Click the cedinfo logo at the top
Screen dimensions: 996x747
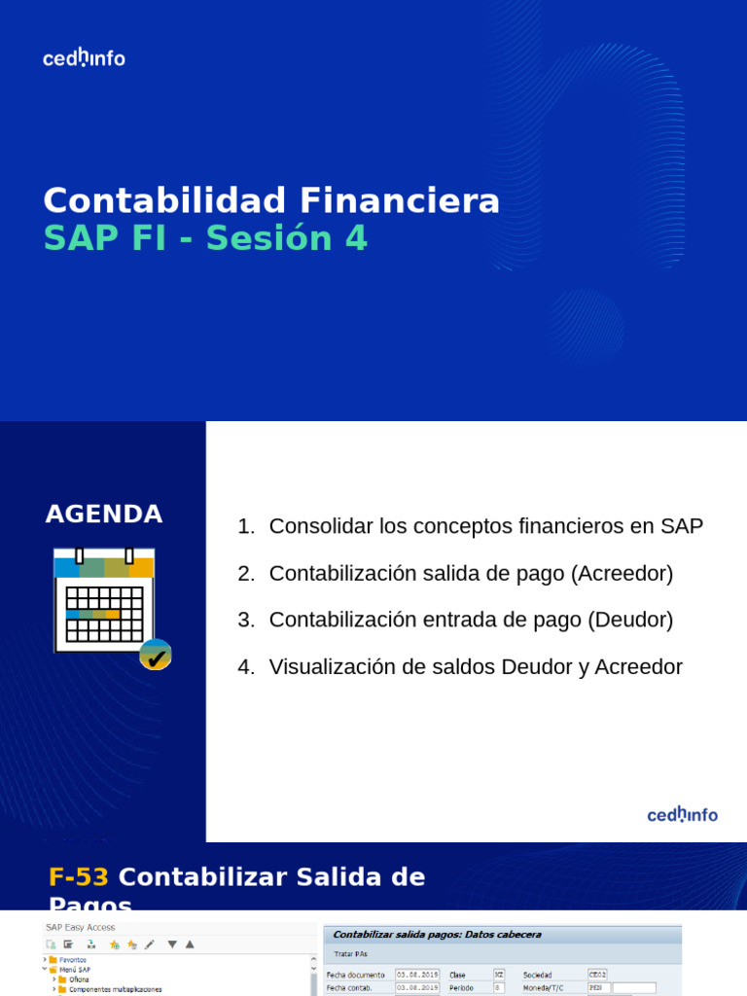point(84,58)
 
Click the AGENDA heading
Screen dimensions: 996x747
point(104,515)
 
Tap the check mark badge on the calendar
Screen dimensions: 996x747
point(156,656)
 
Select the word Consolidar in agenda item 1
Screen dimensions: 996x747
point(322,526)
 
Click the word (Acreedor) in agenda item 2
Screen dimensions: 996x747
point(622,573)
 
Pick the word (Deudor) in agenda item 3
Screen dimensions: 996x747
point(626,620)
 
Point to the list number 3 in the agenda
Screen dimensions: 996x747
point(245,620)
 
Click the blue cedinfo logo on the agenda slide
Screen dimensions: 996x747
point(683,815)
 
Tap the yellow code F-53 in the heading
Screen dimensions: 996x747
point(79,877)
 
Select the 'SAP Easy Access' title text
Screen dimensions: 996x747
point(81,928)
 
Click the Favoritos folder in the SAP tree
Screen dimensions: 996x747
point(72,960)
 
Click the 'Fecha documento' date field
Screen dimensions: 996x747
point(417,975)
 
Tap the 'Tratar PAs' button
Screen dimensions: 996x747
point(351,953)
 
